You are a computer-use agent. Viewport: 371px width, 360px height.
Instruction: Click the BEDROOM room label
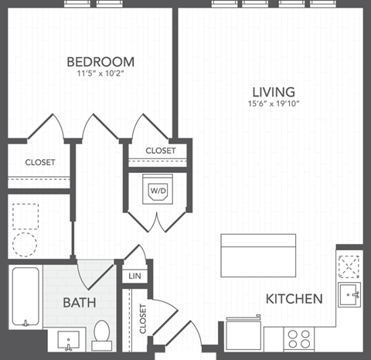(100, 62)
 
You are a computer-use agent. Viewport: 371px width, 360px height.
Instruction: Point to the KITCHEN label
(294, 298)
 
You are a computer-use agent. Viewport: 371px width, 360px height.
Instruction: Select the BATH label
(80, 302)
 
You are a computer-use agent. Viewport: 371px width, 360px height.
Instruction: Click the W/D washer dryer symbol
(158, 190)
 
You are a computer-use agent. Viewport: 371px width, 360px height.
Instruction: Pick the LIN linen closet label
(133, 276)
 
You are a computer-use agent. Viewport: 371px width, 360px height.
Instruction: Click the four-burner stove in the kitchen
(299, 338)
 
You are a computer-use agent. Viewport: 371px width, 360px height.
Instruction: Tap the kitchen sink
(349, 294)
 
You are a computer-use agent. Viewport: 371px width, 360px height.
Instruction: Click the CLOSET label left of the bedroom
(39, 162)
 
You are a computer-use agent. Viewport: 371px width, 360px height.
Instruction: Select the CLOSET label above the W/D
(161, 151)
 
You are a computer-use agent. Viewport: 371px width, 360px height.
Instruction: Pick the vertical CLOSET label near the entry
(143, 318)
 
